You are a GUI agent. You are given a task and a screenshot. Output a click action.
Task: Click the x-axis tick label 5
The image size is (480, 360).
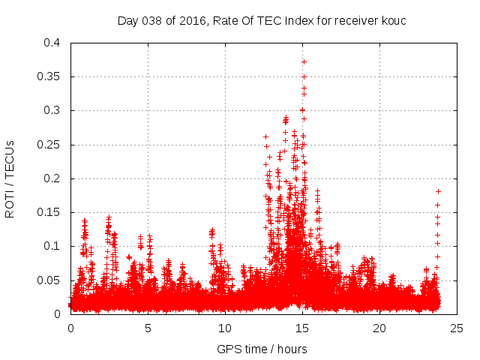tap(148, 328)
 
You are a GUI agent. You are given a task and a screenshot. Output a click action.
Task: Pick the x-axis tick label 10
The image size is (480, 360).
tap(225, 328)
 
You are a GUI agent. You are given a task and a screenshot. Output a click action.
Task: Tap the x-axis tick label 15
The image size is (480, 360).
tap(302, 328)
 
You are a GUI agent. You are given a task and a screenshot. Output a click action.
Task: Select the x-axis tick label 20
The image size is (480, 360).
tap(379, 328)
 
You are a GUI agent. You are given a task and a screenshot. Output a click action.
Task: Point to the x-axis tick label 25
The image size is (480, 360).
tap(457, 328)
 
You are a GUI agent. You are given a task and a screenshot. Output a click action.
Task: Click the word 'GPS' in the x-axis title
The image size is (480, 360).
tap(228, 349)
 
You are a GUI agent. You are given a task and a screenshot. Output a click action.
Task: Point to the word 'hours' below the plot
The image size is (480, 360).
tap(291, 349)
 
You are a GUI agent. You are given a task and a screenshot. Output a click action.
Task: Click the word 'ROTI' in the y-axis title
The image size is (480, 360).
tap(10, 202)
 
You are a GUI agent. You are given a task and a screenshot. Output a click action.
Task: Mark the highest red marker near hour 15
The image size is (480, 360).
tap(304, 61)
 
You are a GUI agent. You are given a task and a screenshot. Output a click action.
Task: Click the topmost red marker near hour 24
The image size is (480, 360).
tap(438, 191)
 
